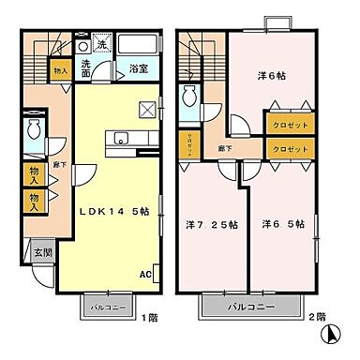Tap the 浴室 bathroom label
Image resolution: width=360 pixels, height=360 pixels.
click(x=138, y=67)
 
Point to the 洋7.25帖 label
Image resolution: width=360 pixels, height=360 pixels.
click(x=212, y=224)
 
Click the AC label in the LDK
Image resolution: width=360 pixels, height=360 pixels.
click(x=144, y=275)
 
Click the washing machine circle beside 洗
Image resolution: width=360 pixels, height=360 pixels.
click(x=84, y=46)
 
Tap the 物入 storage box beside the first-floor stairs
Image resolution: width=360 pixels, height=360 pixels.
click(x=60, y=69)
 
